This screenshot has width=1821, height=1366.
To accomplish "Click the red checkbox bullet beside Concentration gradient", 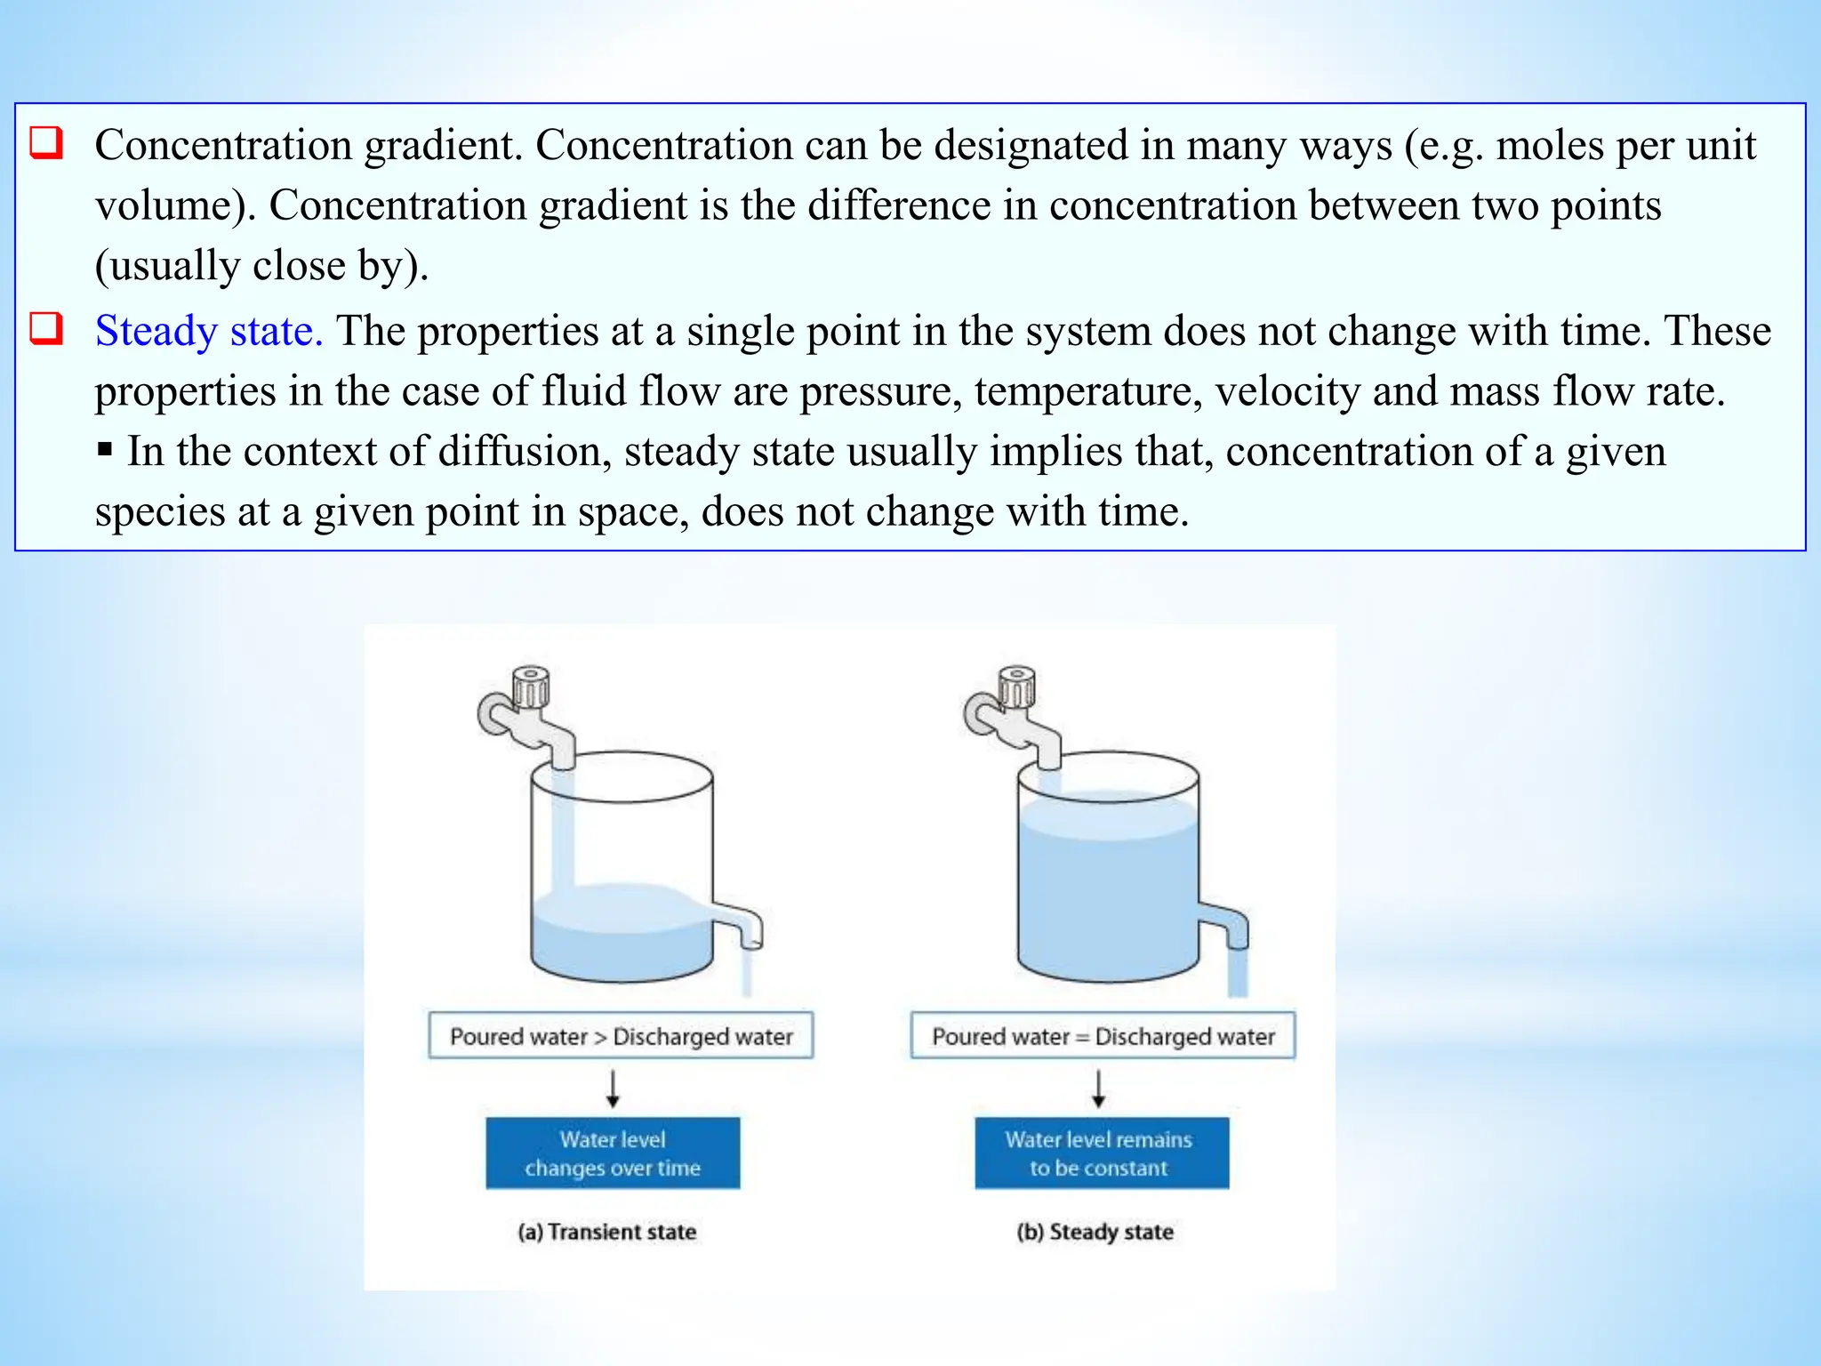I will click(x=46, y=142).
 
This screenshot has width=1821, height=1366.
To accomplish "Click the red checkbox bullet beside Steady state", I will click(x=46, y=328).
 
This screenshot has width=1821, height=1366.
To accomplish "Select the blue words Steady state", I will click(x=208, y=332).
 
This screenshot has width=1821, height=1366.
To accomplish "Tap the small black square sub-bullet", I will click(x=105, y=450).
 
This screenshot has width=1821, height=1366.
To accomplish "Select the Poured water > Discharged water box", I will click(x=621, y=1035).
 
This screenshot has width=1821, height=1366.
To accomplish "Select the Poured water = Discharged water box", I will click(x=1103, y=1035).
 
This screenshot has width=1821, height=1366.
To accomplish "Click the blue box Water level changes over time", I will click(x=613, y=1153).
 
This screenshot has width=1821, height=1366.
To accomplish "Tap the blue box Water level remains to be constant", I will click(x=1101, y=1153).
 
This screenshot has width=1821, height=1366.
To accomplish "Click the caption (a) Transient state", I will click(x=607, y=1232).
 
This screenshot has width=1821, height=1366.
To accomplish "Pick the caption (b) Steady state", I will click(x=1095, y=1232).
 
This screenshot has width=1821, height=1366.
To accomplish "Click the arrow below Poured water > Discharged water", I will click(x=613, y=1088).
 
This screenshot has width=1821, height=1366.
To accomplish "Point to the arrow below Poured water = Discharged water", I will click(x=1099, y=1088).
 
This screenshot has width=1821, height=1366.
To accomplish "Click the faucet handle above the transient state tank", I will click(x=531, y=687).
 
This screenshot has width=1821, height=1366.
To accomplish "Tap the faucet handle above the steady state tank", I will click(x=1016, y=687).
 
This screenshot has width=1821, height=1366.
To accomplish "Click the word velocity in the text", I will click(x=1287, y=391).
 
